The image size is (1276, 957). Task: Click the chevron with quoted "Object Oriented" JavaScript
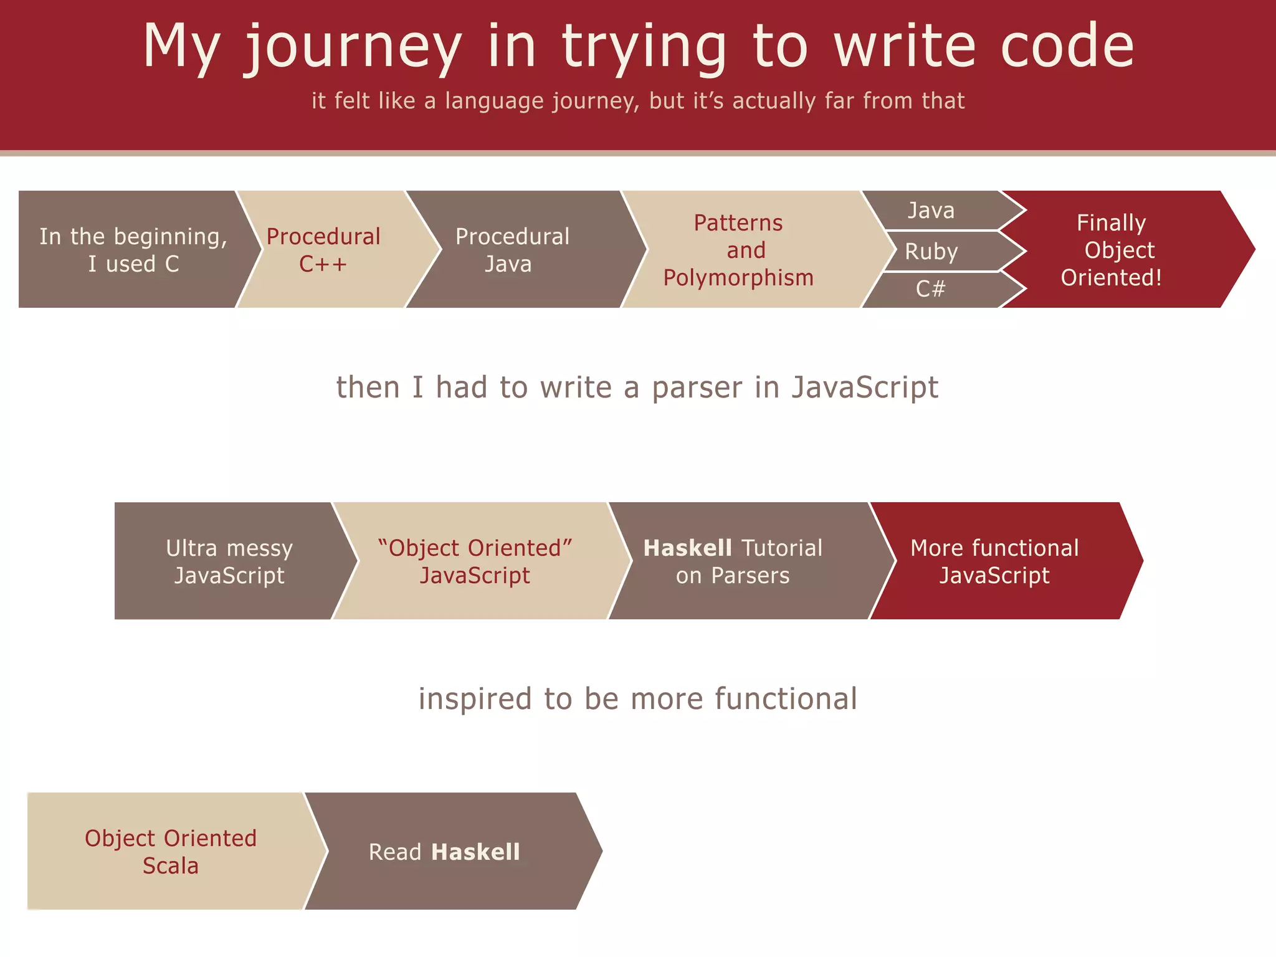click(x=475, y=561)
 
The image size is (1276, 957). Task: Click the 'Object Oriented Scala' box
click(x=171, y=851)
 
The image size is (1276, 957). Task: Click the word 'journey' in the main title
click(x=353, y=47)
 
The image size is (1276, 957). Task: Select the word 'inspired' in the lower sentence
click(x=475, y=699)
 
